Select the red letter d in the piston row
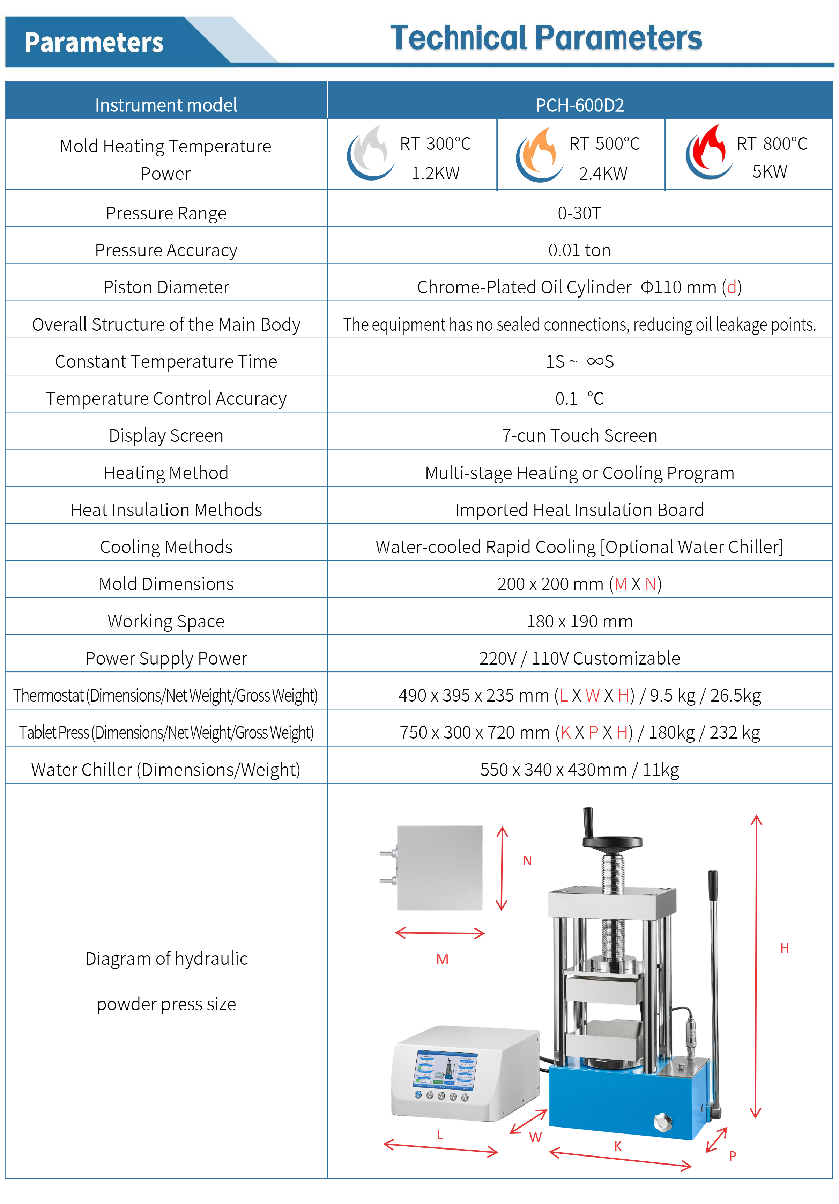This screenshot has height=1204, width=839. (731, 287)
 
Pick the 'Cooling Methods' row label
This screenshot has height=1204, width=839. (166, 547)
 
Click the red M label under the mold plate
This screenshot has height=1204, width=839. (442, 960)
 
